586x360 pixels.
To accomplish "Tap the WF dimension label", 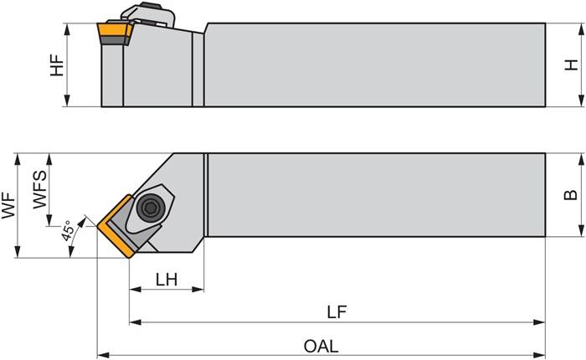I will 8,204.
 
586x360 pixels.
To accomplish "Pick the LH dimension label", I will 167,279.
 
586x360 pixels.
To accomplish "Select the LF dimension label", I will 337,311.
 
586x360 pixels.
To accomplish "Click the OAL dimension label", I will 322,345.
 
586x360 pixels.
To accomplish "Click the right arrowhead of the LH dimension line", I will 200,290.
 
